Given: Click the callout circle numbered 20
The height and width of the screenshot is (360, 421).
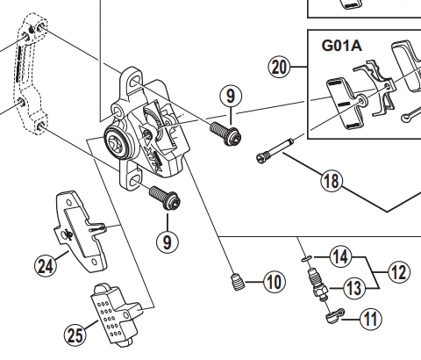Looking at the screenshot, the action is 279,68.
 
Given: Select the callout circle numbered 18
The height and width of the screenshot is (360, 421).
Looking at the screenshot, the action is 332,181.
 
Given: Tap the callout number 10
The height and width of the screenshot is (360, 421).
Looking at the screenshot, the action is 275,282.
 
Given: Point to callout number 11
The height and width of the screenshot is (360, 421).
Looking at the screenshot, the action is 371,319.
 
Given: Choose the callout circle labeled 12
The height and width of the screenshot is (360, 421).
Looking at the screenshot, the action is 399,272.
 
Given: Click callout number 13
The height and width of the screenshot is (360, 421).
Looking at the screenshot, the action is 353,288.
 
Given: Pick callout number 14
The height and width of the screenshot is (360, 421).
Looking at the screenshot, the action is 341,257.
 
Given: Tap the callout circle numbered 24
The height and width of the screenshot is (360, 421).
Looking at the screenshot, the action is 46,266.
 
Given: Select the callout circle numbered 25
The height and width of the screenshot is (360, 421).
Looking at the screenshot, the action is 75,335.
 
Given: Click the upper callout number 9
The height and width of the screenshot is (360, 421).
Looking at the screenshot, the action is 231,96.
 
